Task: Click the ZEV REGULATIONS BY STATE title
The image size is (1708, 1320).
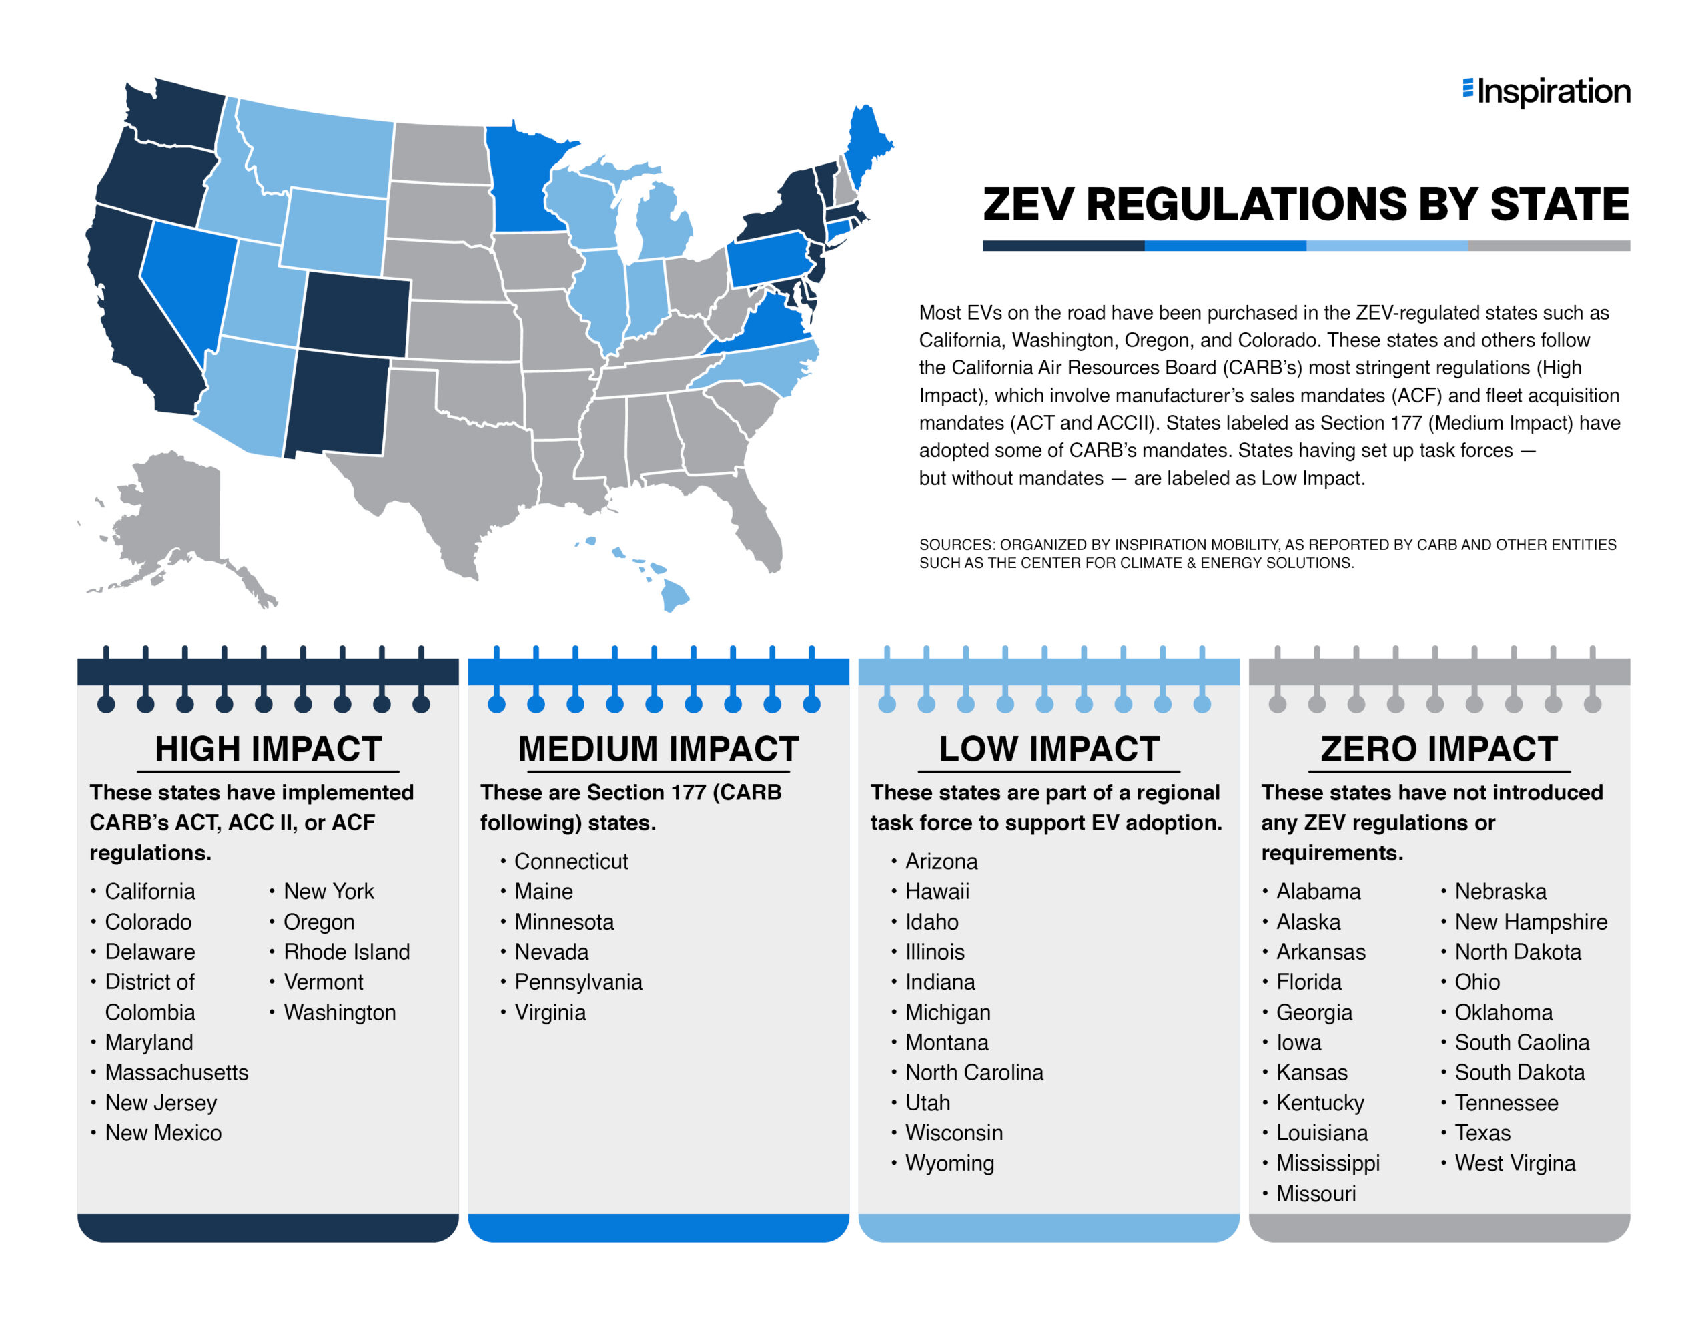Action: coord(1305,204)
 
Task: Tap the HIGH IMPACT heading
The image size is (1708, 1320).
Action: coord(268,749)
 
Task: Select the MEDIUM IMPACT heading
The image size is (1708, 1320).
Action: coord(658,749)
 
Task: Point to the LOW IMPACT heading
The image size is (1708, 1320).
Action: coord(1049,749)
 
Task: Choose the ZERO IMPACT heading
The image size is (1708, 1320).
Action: coord(1439,749)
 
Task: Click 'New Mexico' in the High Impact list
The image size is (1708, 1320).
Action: coord(163,1133)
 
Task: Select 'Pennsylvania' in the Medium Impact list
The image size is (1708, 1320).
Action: coord(578,982)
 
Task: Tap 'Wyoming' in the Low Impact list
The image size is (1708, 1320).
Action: coord(949,1163)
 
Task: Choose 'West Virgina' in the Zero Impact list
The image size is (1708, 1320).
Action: coord(1514,1163)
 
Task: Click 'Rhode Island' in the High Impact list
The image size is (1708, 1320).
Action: coord(346,952)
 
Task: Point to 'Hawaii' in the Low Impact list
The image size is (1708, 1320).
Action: coord(937,891)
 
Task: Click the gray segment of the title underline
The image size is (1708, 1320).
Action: coord(1549,246)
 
